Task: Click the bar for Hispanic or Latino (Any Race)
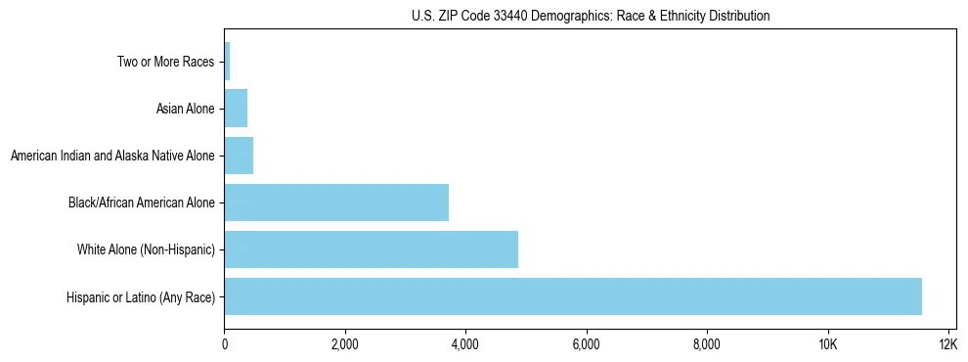pos(573,296)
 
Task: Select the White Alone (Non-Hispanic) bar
pos(372,249)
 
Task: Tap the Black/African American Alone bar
pos(336,203)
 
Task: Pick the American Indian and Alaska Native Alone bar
pos(239,156)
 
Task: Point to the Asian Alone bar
pos(236,109)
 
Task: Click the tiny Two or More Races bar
pos(227,62)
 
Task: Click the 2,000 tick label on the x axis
pos(345,344)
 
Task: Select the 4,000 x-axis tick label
pos(465,344)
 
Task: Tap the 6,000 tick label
pos(586,344)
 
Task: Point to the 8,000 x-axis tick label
pos(706,344)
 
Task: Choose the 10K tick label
pos(827,344)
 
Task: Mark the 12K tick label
pos(947,344)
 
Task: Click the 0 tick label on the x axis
pos(225,344)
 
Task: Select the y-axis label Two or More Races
pos(165,63)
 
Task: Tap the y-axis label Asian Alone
pos(185,109)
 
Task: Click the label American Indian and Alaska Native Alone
pos(112,156)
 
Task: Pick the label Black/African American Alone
pos(141,203)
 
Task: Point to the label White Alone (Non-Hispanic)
pos(146,250)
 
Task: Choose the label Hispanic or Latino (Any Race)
pos(141,297)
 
